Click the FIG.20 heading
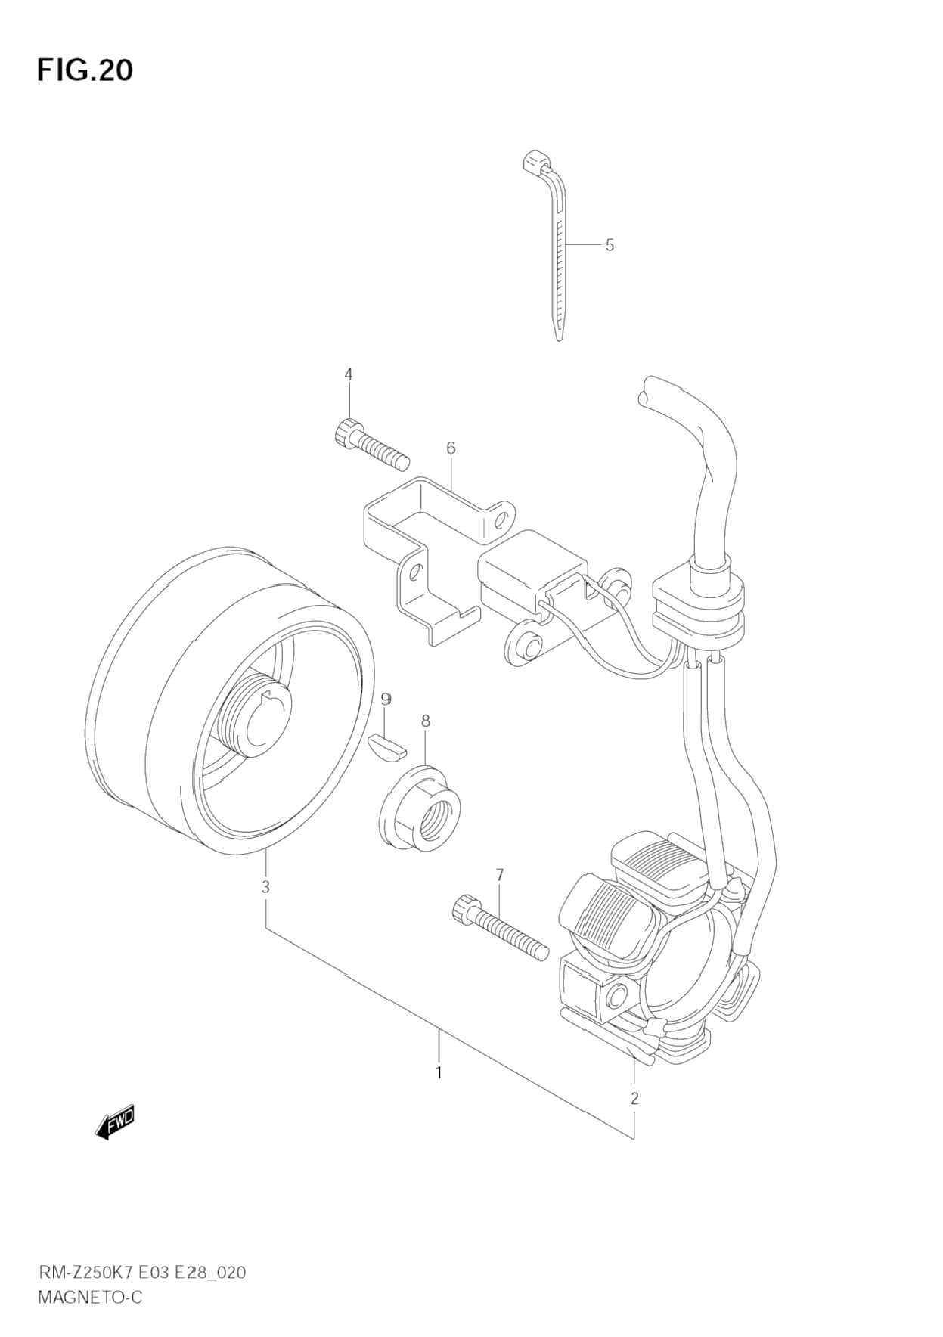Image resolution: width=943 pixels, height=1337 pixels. coord(85,70)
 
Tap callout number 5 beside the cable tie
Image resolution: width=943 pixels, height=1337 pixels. coord(610,245)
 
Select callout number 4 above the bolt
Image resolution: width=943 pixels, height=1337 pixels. coord(349,374)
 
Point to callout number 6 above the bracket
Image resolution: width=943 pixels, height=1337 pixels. coord(451,448)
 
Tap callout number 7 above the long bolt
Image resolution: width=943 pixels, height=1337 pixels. coord(499,875)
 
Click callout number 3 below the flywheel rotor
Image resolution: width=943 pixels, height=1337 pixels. coord(265,887)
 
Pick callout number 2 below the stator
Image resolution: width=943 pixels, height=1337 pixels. coord(634,1098)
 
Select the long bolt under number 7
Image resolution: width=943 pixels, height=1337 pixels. coord(500,928)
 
